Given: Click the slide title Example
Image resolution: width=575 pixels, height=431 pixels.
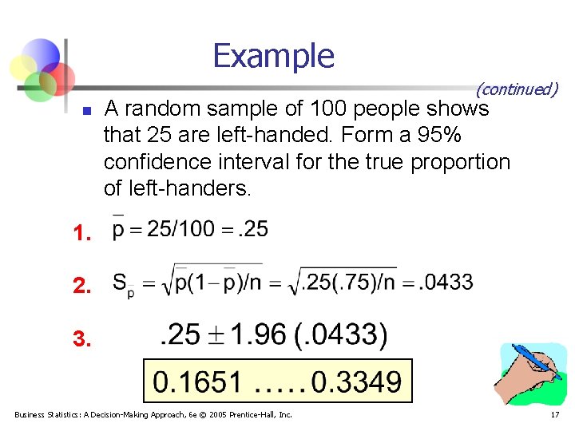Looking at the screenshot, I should pyautogui.click(x=274, y=56).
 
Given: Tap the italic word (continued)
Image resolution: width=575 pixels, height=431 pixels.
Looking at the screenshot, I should pyautogui.click(x=517, y=89).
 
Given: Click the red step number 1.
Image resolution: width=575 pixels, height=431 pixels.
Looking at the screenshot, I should pyautogui.click(x=80, y=234).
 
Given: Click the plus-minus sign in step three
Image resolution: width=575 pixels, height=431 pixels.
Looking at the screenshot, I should pyautogui.click(x=211, y=337).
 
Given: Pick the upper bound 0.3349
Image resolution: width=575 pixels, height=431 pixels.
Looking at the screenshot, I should pyautogui.click(x=357, y=382).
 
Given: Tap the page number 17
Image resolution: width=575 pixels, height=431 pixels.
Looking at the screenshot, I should pyautogui.click(x=554, y=415).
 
